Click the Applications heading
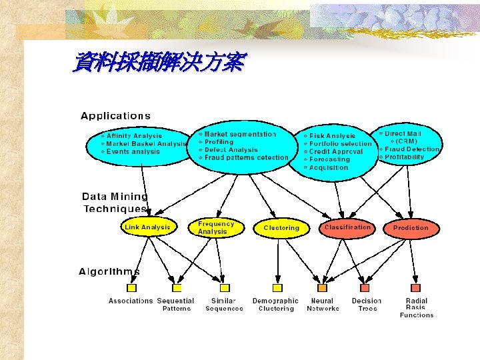coord(115,116)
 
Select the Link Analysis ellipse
coord(148,227)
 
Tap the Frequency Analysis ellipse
coord(216,227)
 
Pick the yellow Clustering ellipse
coord(281,228)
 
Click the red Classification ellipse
coord(347,227)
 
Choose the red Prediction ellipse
coord(411,228)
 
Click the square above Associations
coord(131,288)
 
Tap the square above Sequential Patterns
coord(177,288)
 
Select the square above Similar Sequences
coord(225,288)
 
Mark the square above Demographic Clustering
coord(277,288)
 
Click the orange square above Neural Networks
coord(322,288)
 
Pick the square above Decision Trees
coord(365,288)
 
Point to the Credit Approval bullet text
coord(336,152)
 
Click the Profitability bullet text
coord(403,157)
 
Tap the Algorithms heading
coord(109,271)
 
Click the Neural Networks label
coord(323,305)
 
